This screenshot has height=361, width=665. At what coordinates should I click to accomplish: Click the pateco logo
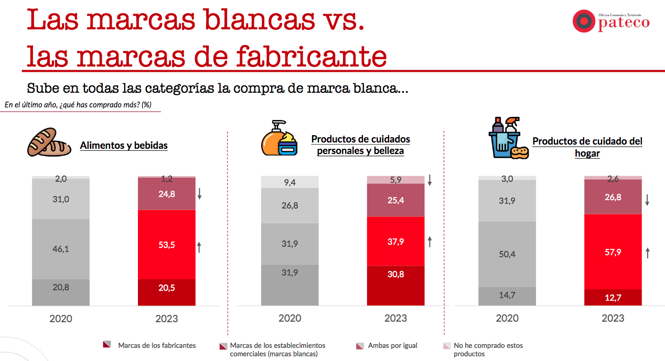[x=610, y=21]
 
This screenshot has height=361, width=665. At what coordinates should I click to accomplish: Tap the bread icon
[x=49, y=142]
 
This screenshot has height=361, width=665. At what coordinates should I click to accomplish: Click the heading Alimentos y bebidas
[x=124, y=145]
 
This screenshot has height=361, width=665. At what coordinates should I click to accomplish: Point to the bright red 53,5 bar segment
[x=166, y=245]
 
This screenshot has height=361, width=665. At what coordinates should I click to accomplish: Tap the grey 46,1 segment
[x=61, y=249]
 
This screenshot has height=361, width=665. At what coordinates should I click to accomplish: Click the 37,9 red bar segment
[x=395, y=242]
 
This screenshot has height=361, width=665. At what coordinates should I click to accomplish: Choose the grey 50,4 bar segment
[x=507, y=254]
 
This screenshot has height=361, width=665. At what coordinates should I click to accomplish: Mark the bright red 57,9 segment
[x=613, y=252]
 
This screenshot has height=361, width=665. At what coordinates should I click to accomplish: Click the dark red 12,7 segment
[x=613, y=298]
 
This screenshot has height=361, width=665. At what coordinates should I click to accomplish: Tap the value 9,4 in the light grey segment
[x=289, y=182]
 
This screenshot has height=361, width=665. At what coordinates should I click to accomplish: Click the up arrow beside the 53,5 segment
[x=199, y=247]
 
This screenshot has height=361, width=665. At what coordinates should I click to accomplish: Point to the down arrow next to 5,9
[x=430, y=180]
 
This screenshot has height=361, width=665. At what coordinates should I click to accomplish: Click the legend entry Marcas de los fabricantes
[x=157, y=345]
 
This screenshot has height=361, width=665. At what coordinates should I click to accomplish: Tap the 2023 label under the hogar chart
[x=613, y=318]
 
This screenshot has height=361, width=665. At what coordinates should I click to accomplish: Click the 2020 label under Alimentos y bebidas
[x=61, y=318]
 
